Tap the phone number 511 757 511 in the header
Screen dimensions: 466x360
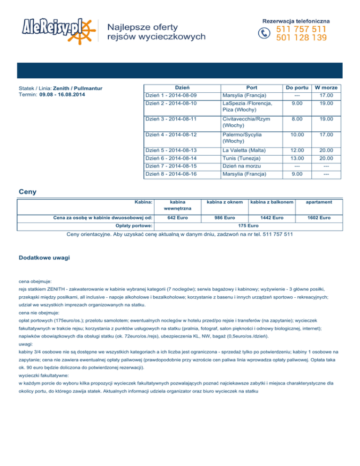301,30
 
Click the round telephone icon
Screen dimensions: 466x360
265,33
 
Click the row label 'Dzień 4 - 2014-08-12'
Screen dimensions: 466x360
171,135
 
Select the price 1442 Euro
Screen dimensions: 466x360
272,218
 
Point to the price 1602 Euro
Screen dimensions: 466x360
319,218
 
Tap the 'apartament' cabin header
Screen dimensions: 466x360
319,202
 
